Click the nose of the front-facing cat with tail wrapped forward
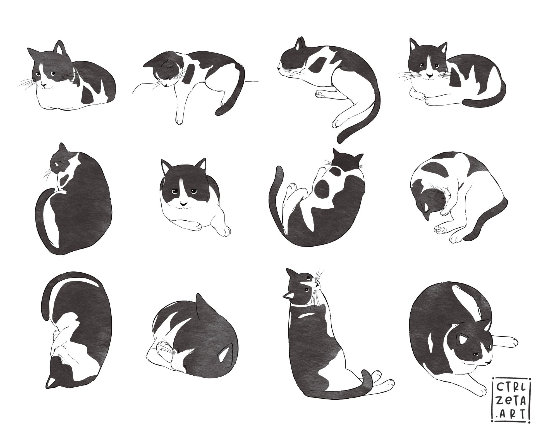click(x=430, y=75)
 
